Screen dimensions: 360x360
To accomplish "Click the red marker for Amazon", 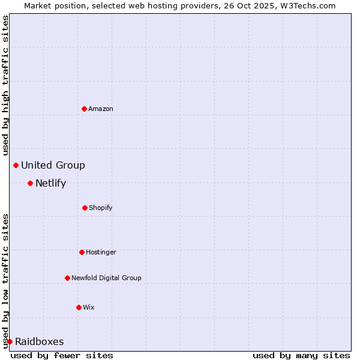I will tap(85, 109).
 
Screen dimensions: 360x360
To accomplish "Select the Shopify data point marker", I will tap(85, 208).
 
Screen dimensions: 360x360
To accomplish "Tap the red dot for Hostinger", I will tap(82, 252).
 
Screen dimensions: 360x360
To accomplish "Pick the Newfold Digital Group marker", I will tap(67, 278).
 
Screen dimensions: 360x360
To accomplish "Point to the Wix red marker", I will tap(79, 307).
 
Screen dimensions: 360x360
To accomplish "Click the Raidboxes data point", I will tap(10, 341).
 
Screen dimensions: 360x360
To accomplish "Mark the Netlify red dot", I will tap(30, 183).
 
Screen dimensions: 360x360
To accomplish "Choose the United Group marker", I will tap(16, 165).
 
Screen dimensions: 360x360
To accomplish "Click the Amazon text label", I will tap(101, 109).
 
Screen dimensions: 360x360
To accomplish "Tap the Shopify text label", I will tap(101, 208).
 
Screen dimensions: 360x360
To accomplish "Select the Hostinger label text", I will tap(101, 252).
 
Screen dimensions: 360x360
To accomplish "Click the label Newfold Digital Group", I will tap(106, 278).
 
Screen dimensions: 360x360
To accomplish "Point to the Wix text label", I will tap(89, 307).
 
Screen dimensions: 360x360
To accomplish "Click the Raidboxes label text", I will tap(40, 341).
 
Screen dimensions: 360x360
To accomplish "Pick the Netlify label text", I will tap(50, 183).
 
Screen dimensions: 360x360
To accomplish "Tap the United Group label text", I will tap(53, 165).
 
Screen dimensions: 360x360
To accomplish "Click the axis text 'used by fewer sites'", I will tap(62, 355).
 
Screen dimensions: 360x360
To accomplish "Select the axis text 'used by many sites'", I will tap(301, 355).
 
